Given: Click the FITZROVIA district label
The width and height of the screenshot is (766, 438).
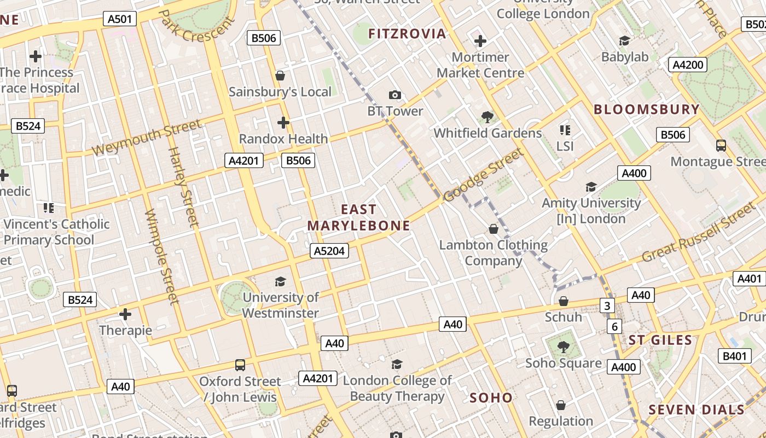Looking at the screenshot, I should [407, 34].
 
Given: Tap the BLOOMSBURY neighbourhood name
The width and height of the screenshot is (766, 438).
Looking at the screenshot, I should [647, 109].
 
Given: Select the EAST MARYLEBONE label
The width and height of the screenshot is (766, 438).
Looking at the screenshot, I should [359, 217].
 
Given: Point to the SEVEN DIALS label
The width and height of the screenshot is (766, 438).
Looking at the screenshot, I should [697, 410].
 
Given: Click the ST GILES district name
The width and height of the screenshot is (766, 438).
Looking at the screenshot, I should [660, 340].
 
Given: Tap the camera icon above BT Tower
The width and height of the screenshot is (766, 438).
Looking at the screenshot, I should [395, 95].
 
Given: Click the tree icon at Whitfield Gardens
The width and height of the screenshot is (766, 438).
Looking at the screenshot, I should [487, 117].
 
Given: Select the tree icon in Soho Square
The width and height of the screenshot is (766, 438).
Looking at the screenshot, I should [563, 347].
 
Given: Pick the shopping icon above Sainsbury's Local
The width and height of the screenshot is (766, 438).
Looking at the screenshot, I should [280, 76].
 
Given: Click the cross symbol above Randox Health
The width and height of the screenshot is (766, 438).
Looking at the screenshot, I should [283, 122].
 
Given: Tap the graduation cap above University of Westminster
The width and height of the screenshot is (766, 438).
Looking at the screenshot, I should [280, 281].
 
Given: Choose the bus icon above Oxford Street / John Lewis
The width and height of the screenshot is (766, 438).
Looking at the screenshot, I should [240, 365].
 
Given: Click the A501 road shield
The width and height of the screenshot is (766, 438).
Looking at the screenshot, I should [120, 19].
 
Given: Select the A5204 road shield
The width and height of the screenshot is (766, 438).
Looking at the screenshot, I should [330, 251].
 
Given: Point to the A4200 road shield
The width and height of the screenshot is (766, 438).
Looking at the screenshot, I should [688, 65].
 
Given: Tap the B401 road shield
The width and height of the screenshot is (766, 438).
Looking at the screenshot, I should [734, 356].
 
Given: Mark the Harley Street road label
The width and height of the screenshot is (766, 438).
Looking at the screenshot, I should [183, 186].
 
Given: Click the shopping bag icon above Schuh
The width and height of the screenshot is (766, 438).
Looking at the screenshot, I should [564, 301].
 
